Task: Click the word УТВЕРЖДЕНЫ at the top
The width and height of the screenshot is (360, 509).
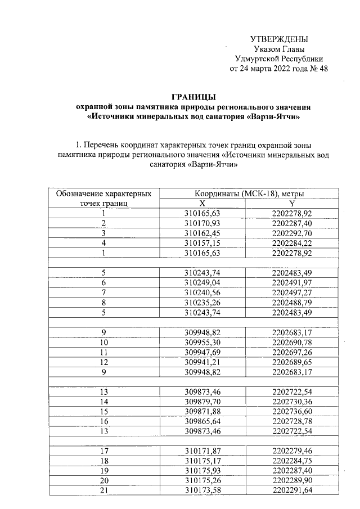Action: (x=279, y=39)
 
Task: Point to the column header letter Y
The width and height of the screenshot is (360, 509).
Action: (x=292, y=203)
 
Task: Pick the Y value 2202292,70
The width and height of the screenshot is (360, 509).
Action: (x=292, y=233)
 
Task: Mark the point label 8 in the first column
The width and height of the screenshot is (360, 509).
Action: (x=103, y=301)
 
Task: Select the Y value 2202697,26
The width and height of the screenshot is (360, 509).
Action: (x=292, y=350)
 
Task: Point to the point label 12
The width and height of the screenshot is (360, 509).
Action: (x=103, y=361)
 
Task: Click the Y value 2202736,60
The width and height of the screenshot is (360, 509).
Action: (x=292, y=409)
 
